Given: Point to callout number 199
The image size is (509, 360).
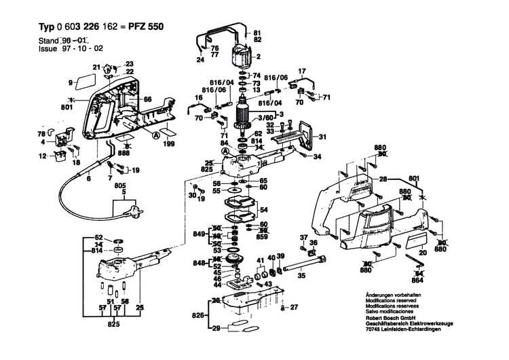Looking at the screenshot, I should point(168,145).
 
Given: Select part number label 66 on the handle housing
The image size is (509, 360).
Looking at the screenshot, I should point(147,100).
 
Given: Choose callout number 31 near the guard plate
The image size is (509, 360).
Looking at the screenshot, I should point(323,134).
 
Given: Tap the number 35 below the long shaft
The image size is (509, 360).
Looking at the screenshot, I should point(301,276).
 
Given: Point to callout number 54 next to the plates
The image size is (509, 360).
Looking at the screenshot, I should point(263,211).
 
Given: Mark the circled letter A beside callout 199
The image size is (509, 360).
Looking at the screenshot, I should point(156,136).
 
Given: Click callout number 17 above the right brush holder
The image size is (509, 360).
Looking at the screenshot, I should point(303,71).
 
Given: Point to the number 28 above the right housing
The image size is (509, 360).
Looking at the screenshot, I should point(383,179).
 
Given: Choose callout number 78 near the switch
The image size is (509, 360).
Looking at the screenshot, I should point(40,134).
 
